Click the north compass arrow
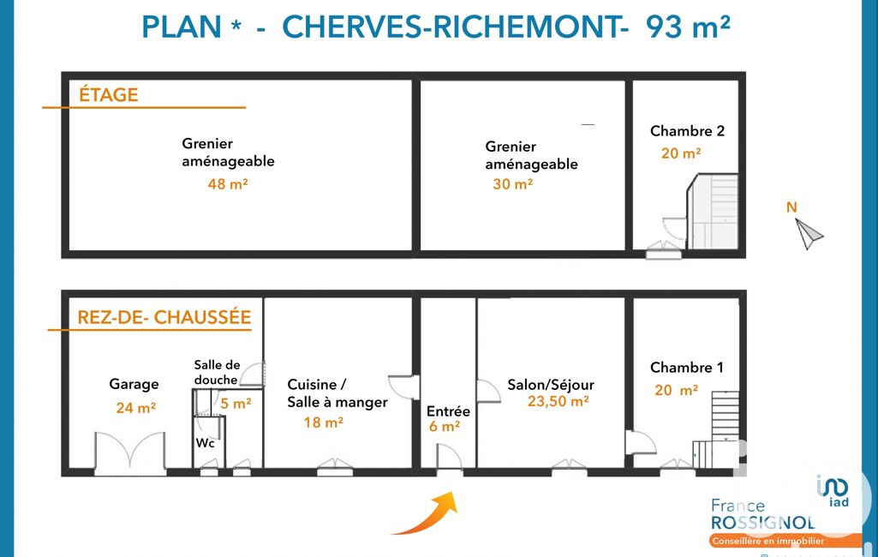click(808, 234)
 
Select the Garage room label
click(134, 385)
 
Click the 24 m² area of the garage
click(135, 407)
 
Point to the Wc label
click(205, 443)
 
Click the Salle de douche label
click(217, 372)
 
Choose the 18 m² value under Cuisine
click(323, 422)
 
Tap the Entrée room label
click(448, 411)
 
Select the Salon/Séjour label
click(551, 385)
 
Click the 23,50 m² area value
click(558, 401)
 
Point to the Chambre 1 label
click(686, 368)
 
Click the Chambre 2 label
click(687, 131)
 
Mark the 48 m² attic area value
click(227, 183)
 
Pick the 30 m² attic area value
click(512, 183)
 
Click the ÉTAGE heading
click(109, 95)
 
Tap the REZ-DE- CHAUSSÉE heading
click(164, 317)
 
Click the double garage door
click(130, 452)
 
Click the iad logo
click(833, 490)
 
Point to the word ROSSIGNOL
click(762, 523)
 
